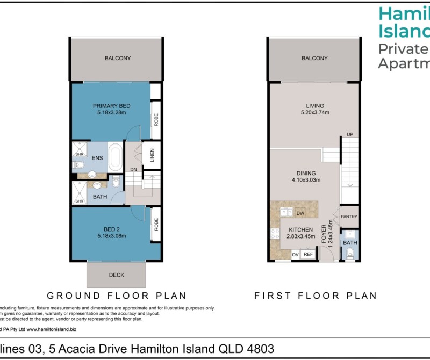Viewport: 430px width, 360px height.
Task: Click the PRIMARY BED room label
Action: [x=111, y=105]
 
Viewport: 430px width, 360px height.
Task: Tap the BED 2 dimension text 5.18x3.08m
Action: [x=111, y=236]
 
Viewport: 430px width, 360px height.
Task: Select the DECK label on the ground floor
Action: [x=116, y=275]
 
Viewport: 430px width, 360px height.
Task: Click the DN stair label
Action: [x=133, y=171]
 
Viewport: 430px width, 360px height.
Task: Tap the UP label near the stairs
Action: [x=349, y=134]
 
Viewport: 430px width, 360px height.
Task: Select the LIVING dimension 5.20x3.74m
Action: [x=314, y=113]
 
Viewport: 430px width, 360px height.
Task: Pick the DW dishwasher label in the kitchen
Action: [x=300, y=213]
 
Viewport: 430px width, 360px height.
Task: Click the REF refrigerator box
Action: [x=308, y=255]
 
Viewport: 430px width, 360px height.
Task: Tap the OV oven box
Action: [x=295, y=255]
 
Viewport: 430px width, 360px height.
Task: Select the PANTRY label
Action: [x=349, y=217]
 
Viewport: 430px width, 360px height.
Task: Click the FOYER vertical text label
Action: [x=324, y=234]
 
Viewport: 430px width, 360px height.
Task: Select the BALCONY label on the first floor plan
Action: [x=314, y=58]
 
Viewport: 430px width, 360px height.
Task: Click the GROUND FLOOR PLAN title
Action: [x=117, y=296]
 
